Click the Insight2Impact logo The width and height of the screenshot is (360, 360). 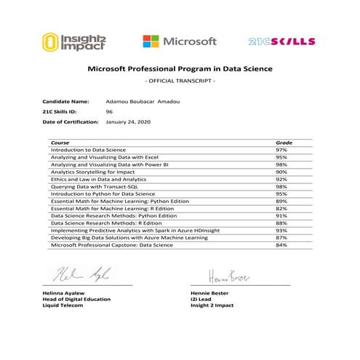(x=72, y=41)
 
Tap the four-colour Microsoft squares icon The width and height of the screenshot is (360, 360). (x=151, y=42)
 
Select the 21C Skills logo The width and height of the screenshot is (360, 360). (x=281, y=41)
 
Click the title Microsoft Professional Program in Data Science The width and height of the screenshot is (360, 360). (x=180, y=69)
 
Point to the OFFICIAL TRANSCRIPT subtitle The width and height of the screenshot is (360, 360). (x=180, y=80)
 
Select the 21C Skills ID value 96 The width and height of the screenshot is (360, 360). (x=109, y=112)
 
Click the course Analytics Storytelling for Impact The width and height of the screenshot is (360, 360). (x=93, y=172)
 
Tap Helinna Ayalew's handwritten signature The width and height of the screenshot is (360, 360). (x=80, y=275)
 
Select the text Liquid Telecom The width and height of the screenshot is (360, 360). (x=63, y=305)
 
